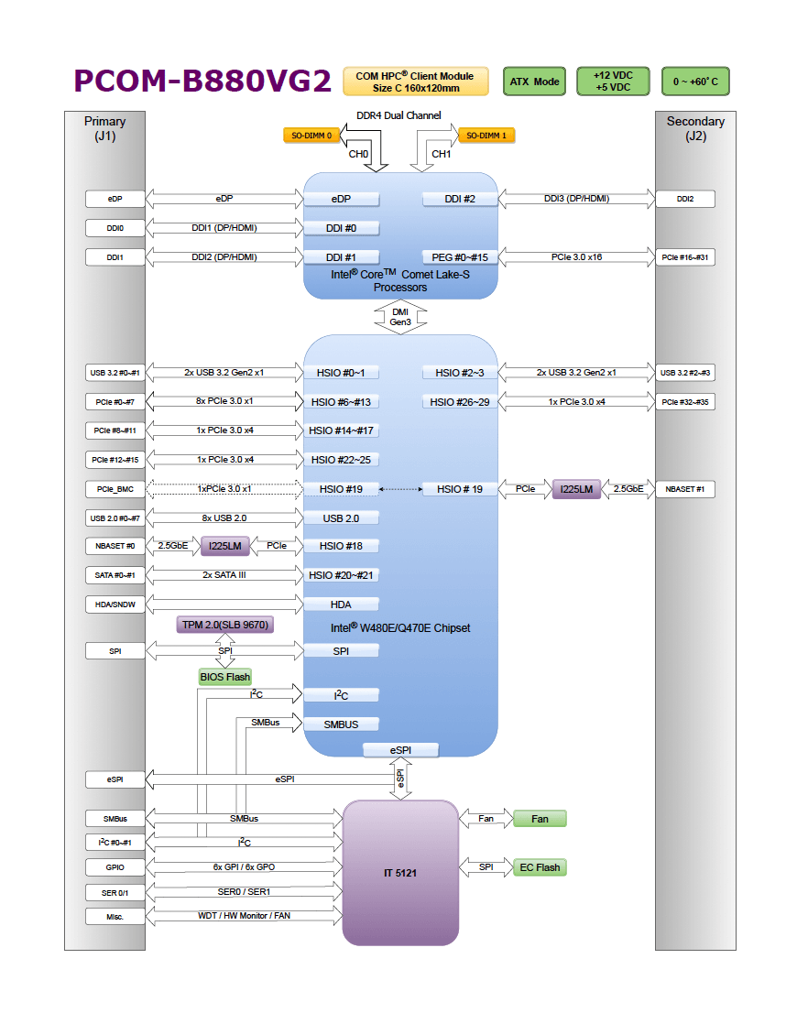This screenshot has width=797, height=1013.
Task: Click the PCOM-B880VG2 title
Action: [x=202, y=82]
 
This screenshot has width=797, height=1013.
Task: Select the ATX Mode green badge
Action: [x=534, y=82]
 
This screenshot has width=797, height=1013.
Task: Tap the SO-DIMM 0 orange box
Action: [x=311, y=136]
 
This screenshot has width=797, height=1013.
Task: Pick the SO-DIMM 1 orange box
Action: [x=486, y=136]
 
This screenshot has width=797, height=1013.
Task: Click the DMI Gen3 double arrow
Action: [x=400, y=317]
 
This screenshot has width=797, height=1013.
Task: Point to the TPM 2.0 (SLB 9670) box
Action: [x=225, y=625]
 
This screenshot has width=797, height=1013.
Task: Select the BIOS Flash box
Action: [x=224, y=677]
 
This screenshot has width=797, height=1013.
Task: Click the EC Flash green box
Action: [x=540, y=866]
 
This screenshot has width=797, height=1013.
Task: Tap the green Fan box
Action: [x=540, y=818]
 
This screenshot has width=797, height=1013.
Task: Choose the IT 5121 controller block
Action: [x=400, y=873]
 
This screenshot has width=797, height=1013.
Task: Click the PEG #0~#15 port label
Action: [x=460, y=257]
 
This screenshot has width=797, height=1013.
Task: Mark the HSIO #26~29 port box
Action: [x=460, y=401]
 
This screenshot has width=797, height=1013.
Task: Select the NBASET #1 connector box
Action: [x=685, y=489]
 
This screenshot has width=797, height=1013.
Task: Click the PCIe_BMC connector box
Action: [x=115, y=489]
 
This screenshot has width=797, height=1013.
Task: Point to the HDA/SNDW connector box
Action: [x=115, y=605]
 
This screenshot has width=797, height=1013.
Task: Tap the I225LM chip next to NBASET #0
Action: [x=224, y=546]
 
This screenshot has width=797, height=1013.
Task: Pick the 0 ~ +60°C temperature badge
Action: [x=695, y=82]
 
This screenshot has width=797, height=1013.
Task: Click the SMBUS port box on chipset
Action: [x=341, y=724]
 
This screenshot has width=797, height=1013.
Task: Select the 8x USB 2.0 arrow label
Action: [x=224, y=518]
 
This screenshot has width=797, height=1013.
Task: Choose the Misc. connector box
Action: [x=115, y=916]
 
